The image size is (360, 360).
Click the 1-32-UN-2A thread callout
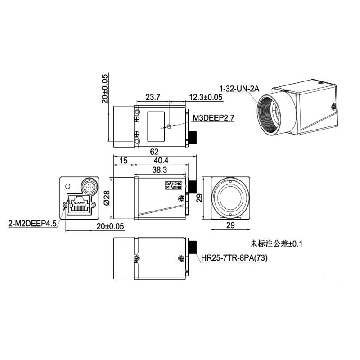[x=239, y=89]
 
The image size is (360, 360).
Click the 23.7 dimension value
[x=153, y=97]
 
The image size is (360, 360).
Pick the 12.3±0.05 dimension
[x=206, y=97]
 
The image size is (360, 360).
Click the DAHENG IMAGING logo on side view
[x=171, y=188]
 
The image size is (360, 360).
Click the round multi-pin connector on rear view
[x=89, y=185]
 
